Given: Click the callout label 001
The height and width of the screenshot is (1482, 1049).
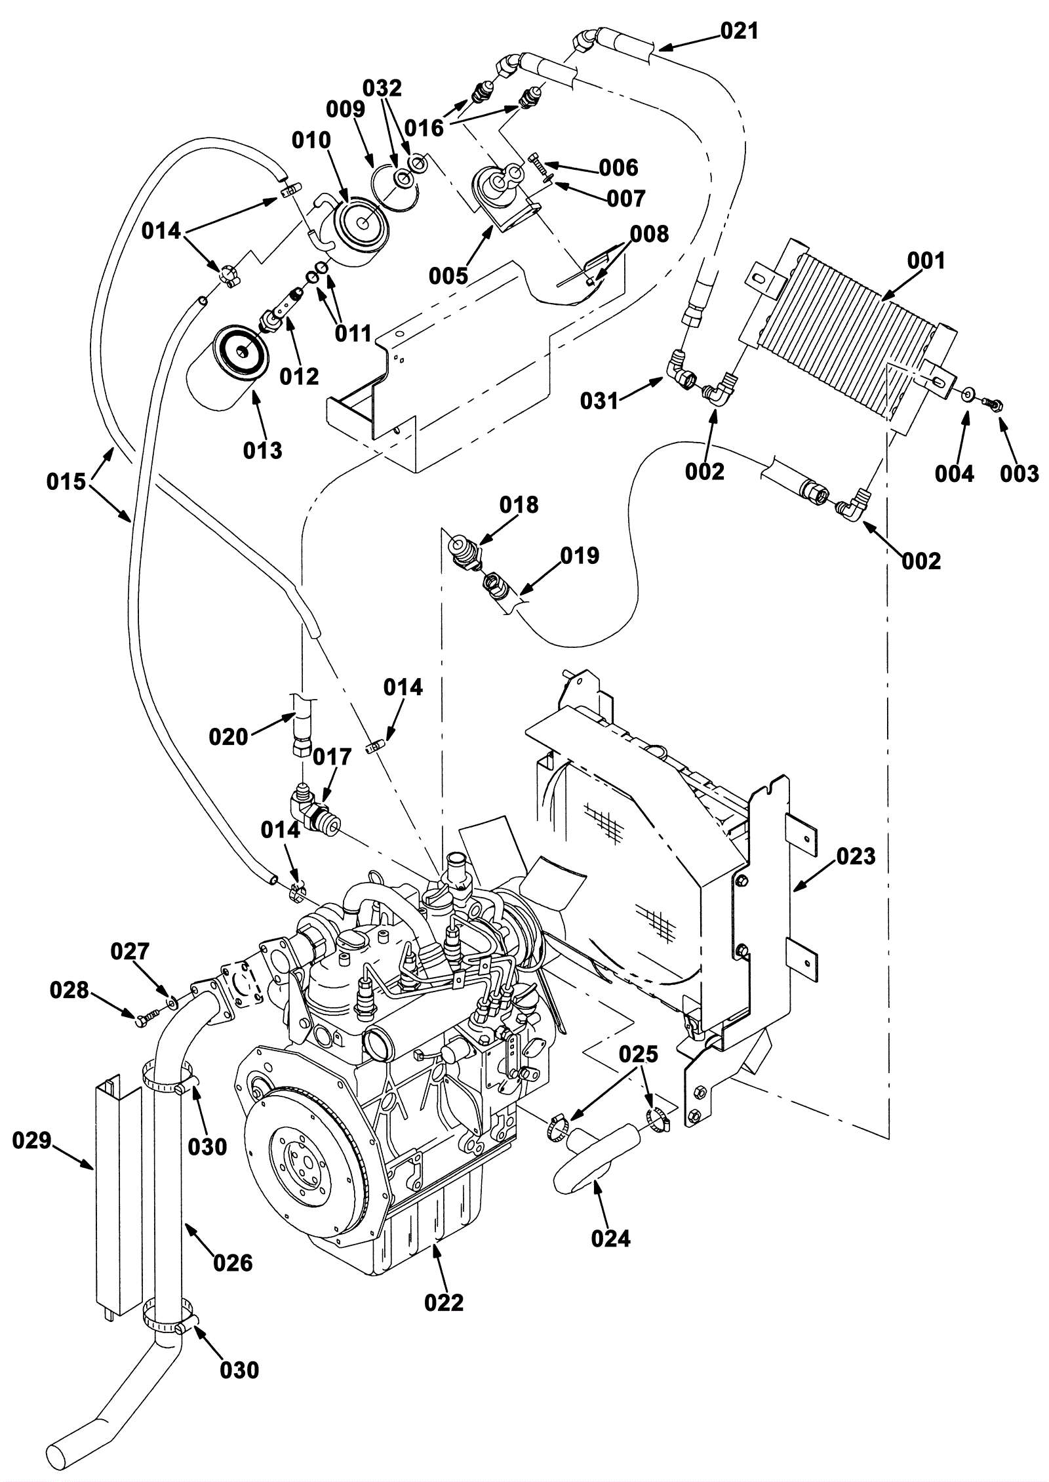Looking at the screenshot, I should [x=926, y=261].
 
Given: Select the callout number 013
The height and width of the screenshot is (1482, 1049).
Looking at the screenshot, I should [x=262, y=450].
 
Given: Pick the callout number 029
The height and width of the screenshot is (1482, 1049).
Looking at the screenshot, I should [x=31, y=1140].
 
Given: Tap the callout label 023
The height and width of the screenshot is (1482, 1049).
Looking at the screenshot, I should [x=856, y=856].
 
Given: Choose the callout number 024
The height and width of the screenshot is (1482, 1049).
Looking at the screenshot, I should [x=610, y=1238].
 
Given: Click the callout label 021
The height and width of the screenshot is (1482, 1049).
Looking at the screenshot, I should [x=739, y=30].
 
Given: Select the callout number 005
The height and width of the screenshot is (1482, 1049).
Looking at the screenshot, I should [x=448, y=275].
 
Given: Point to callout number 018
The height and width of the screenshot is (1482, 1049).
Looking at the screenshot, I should [x=519, y=504].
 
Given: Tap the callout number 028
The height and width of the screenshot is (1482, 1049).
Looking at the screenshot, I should [x=69, y=990].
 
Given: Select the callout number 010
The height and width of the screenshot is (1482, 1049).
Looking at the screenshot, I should [x=311, y=140].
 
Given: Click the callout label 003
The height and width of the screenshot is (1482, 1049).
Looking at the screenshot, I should [x=1019, y=473].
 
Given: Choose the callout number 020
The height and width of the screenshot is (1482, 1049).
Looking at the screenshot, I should [x=229, y=736].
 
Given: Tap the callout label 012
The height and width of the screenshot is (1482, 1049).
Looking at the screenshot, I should [x=299, y=376].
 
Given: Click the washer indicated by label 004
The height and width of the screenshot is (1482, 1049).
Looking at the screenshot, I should [x=968, y=395].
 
